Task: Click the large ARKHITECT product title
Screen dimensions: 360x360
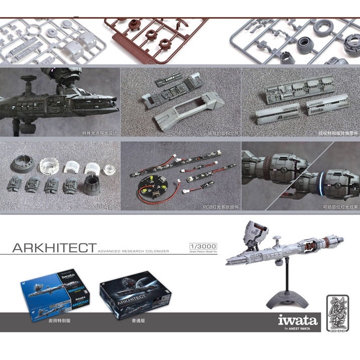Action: click(x=54, y=248)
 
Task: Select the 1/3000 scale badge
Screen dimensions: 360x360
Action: click(x=203, y=246)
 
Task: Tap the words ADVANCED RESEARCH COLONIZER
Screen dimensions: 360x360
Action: click(x=134, y=251)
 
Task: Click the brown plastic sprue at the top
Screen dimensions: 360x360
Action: click(x=150, y=38)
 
